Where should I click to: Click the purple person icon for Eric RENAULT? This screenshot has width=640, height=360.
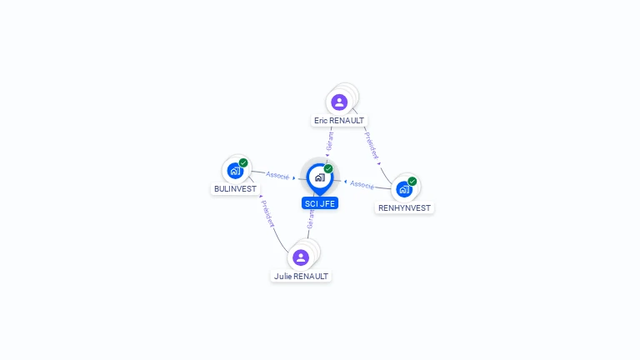[x=339, y=102]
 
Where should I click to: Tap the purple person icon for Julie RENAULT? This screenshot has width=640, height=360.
[x=301, y=257]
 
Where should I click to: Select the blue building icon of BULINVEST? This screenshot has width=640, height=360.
[x=235, y=172]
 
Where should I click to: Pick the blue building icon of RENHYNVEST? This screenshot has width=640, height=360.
[x=404, y=189]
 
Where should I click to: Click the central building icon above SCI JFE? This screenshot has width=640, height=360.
[x=319, y=177]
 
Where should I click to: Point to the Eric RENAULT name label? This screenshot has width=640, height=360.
[x=339, y=121]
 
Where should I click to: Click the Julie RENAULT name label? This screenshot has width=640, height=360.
[x=301, y=276]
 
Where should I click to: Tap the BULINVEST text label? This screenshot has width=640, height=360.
[x=235, y=189]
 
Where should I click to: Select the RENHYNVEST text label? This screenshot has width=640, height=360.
[x=404, y=207]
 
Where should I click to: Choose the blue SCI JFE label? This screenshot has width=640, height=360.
[x=320, y=203]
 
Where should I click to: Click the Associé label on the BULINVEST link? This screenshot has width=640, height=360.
[x=277, y=176]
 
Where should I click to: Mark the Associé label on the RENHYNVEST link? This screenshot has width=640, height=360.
[x=362, y=184]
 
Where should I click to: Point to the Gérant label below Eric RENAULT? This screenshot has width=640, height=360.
[x=330, y=140]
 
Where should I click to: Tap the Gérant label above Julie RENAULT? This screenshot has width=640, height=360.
[x=311, y=219]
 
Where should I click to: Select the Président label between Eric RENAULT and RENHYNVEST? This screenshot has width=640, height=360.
[x=372, y=143]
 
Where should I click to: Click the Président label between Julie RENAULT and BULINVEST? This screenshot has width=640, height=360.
[x=267, y=215]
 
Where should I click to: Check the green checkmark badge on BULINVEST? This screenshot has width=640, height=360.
[x=243, y=163]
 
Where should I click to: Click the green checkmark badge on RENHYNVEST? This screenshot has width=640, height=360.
[x=412, y=181]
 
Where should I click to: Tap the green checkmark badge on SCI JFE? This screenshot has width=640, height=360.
[x=328, y=169]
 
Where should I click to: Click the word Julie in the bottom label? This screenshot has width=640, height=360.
[x=283, y=276]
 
